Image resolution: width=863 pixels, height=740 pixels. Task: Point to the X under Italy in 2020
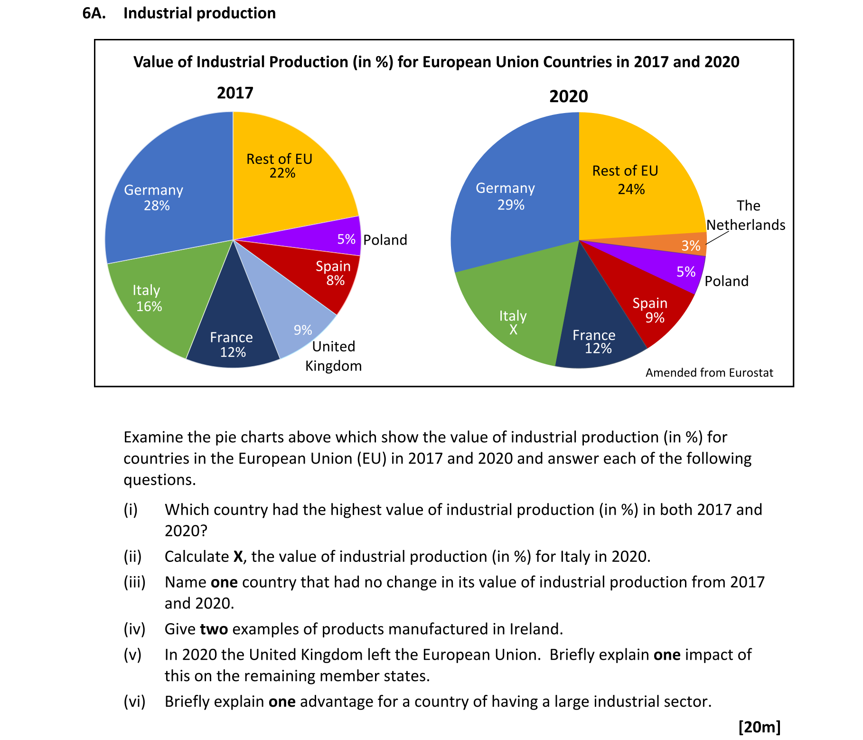[x=513, y=330]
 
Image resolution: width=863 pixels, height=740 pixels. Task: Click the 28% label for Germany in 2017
[x=157, y=206]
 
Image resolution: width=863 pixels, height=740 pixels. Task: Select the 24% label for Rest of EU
[x=631, y=189]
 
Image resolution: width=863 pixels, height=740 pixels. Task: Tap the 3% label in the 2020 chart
[x=691, y=246]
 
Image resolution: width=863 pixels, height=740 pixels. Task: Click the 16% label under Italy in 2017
[x=149, y=306]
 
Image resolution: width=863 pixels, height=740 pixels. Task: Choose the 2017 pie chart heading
[x=235, y=93]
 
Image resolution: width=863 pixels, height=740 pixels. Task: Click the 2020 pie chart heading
[x=568, y=96]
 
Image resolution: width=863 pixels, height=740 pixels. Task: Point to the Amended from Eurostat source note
[x=709, y=373]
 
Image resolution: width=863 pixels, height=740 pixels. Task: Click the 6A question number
[x=94, y=13]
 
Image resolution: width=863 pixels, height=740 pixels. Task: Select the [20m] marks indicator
[x=760, y=727]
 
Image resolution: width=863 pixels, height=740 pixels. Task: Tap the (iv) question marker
[x=134, y=629]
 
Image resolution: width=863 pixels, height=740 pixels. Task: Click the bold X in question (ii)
[x=239, y=556]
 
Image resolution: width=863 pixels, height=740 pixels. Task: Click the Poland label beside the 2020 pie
[x=726, y=281]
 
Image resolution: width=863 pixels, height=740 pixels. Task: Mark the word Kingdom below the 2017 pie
[x=333, y=366]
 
